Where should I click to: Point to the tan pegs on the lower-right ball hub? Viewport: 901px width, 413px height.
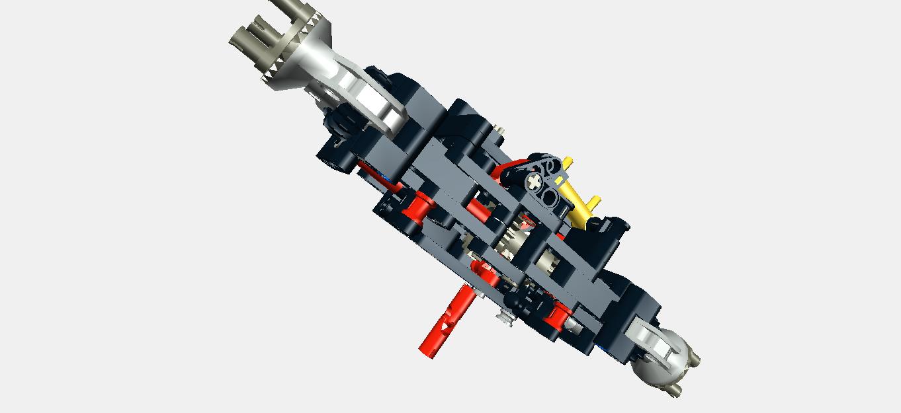[688, 370]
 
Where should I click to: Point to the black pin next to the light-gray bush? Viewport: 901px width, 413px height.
[529, 301]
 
